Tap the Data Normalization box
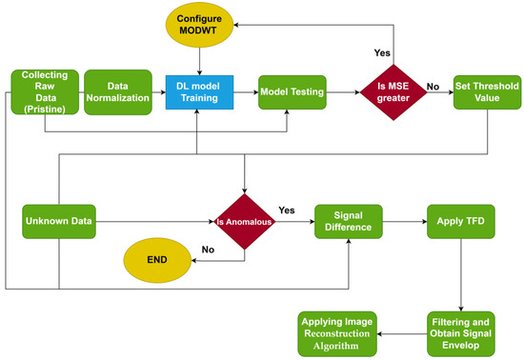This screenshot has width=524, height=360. click(117, 92)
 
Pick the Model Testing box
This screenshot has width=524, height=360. click(292, 92)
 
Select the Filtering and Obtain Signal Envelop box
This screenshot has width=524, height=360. click(459, 332)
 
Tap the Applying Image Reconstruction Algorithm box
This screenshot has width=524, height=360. click(337, 332)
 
